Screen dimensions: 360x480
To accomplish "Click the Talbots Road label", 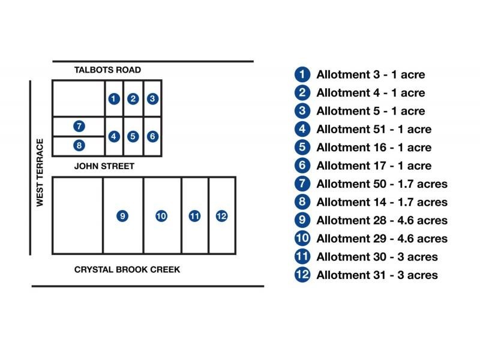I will coord(107,70).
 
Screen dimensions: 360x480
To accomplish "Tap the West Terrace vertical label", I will coord(40,173).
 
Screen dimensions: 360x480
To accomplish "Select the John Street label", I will coord(104,166).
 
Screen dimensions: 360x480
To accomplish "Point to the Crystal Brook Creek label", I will coord(127,269).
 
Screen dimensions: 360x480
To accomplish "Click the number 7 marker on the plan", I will coord(79,126).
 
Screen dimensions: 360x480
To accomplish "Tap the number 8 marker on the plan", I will coord(79,145).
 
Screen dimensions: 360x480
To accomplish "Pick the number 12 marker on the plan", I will coord(221,216).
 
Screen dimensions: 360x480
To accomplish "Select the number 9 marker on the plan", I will coord(122,216).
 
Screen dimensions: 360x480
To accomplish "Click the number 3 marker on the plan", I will coord(152,99).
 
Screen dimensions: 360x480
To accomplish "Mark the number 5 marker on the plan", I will coord(133,136).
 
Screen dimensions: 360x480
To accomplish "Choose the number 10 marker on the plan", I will coord(161,216).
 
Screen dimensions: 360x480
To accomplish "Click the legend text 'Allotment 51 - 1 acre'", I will coord(373,130).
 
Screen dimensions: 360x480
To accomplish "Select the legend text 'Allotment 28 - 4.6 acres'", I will coord(382,220).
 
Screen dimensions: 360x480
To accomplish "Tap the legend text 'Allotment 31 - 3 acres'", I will coord(377,275).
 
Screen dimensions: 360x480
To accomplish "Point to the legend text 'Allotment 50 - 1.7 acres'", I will coord(382,184).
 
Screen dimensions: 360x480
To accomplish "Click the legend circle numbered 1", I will coord(302,75).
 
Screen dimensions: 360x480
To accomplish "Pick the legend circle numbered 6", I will coord(302,166).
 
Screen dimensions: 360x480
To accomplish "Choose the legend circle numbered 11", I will coord(302,257).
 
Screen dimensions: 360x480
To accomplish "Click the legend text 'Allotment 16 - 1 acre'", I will coord(373,148).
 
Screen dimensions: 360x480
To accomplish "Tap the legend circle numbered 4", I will coord(302,130).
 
